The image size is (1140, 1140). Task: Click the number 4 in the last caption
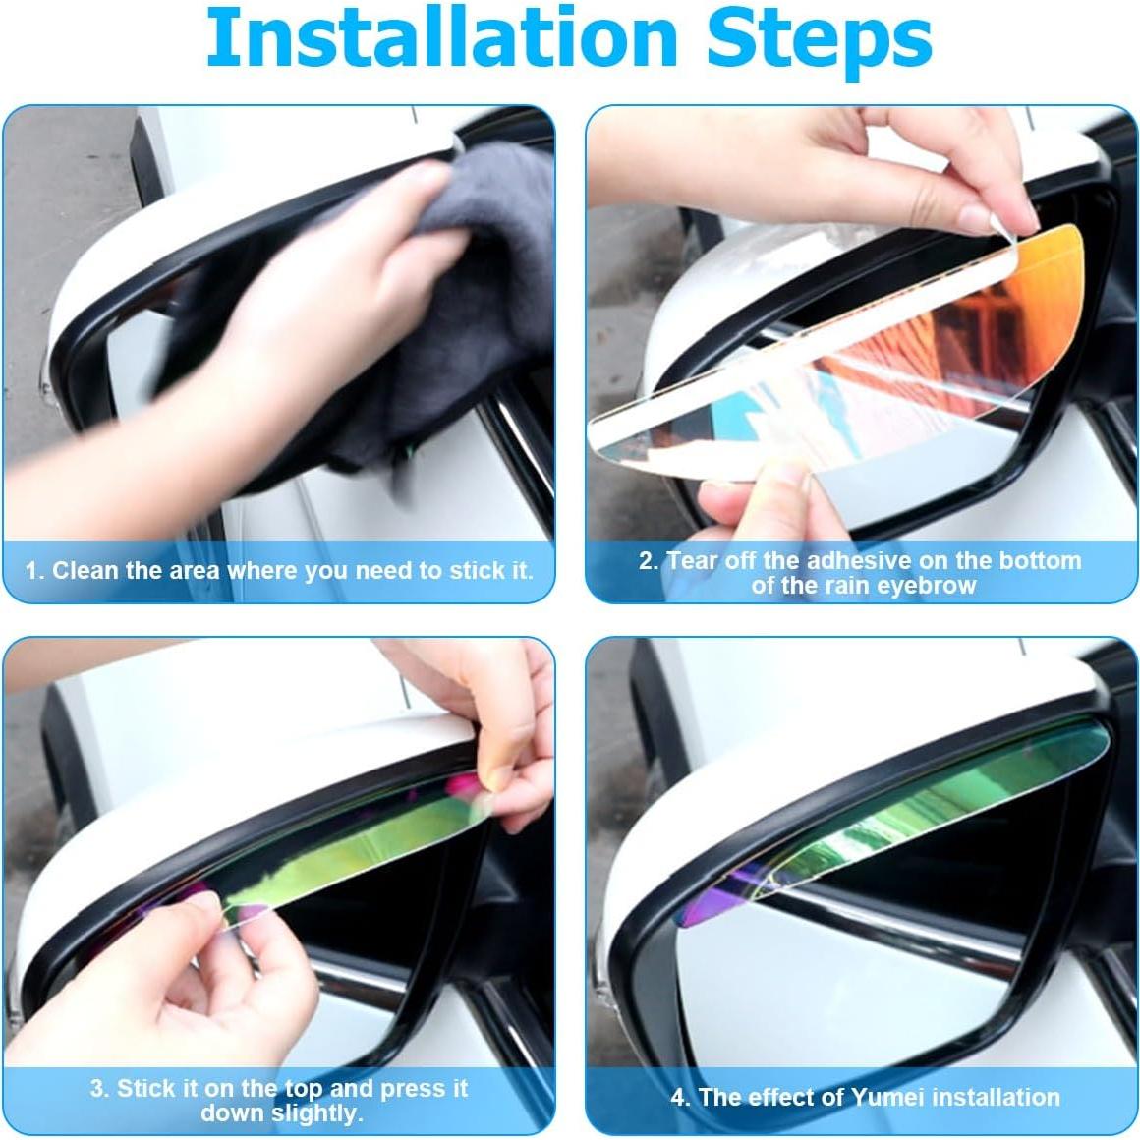(x=678, y=1097)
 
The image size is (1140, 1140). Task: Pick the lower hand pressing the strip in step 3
(x=236, y=993)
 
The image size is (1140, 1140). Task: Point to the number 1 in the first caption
(x=32, y=570)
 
